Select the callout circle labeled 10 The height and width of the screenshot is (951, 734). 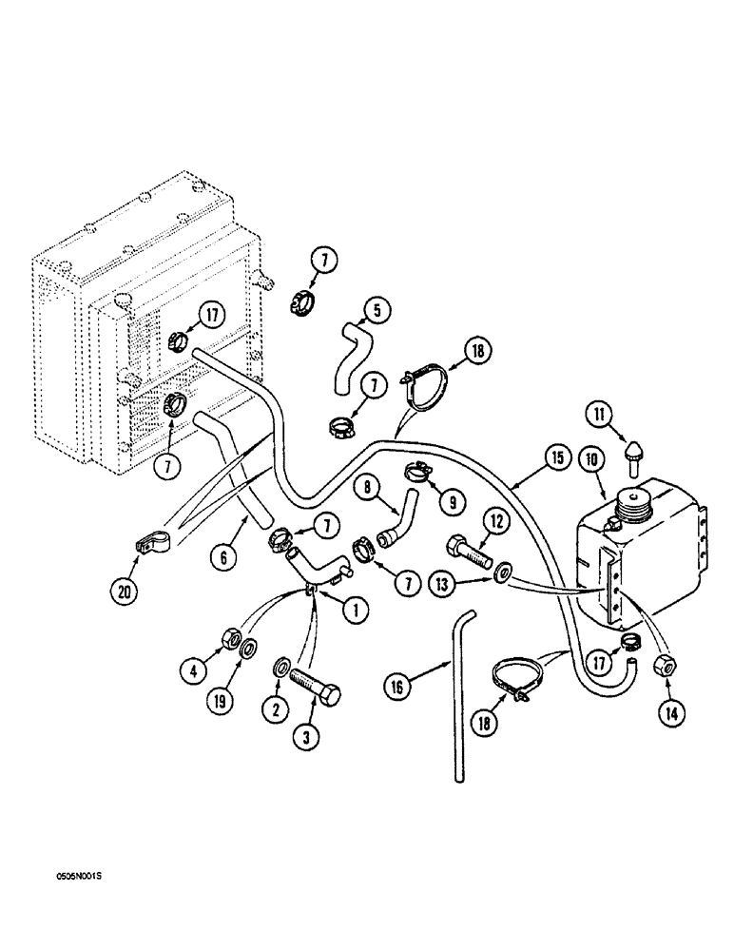point(593,459)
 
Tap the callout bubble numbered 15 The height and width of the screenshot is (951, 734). point(557,458)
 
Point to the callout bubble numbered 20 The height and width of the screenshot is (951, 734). point(124,591)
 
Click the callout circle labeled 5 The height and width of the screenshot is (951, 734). point(377,310)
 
